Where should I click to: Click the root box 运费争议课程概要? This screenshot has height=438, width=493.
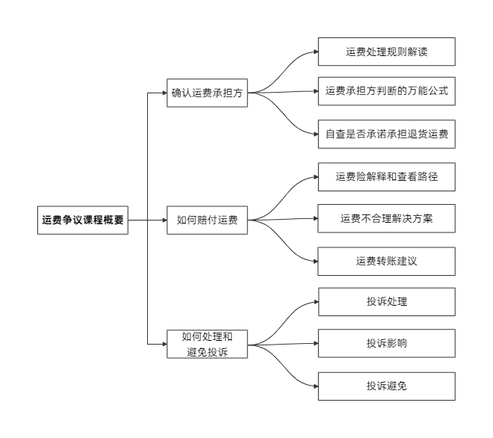tap(83, 220)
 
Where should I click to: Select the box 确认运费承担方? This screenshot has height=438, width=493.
tap(207, 93)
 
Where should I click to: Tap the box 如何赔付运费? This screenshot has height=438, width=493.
tap(207, 220)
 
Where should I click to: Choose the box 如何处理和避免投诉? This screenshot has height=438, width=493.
tap(207, 344)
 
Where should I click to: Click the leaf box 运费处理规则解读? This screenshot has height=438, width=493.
tap(386, 52)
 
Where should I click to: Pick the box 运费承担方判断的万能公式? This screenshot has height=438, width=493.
tap(386, 91)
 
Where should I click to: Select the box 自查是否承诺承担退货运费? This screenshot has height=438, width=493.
tap(386, 135)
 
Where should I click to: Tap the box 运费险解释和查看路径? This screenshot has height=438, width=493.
tap(386, 177)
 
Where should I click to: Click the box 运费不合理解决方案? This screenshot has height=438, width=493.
tap(386, 218)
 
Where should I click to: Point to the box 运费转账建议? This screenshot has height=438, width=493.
tap(386, 261)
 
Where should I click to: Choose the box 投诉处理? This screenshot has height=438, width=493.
tap(386, 302)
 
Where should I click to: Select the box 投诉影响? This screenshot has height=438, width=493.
tap(386, 343)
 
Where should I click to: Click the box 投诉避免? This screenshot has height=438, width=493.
tap(386, 386)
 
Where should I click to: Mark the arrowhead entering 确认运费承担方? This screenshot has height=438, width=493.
tap(164, 93)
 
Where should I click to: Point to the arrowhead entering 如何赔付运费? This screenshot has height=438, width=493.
tap(164, 220)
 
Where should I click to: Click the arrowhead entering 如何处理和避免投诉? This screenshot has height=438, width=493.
tap(164, 344)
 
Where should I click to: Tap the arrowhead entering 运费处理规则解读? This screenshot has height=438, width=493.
tap(314, 52)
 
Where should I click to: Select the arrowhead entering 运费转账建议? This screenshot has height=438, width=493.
tap(314, 261)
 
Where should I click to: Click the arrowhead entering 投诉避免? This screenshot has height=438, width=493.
tap(314, 386)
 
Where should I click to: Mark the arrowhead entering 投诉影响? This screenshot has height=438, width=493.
tap(314, 343)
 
